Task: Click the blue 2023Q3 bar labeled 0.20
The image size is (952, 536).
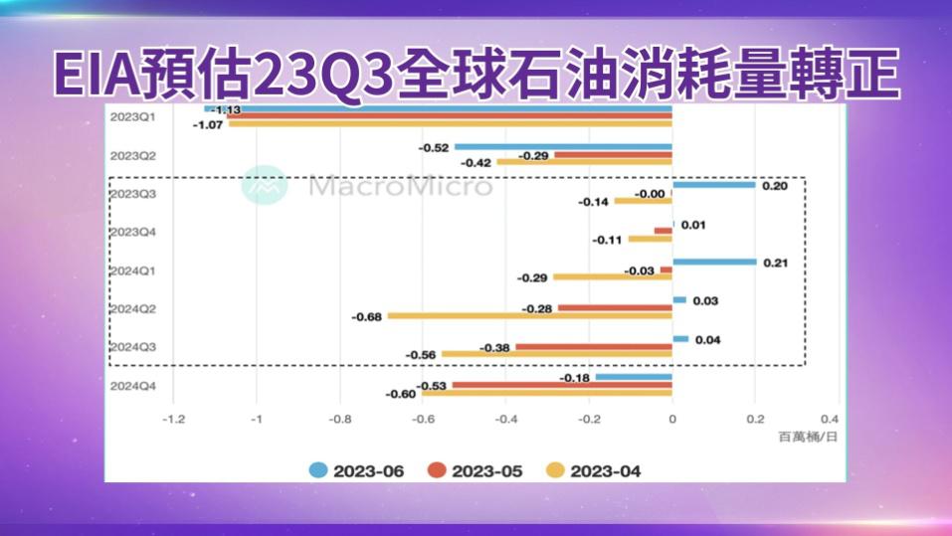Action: pyautogui.click(x=713, y=184)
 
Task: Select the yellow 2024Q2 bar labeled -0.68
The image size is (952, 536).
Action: pyautogui.click(x=529, y=316)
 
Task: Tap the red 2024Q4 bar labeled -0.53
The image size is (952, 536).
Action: pyautogui.click(x=562, y=385)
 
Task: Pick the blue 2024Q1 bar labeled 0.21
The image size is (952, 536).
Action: pyautogui.click(x=714, y=262)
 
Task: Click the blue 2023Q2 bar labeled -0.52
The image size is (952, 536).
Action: pyautogui.click(x=563, y=147)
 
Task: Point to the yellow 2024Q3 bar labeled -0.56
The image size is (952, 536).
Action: pyautogui.click(x=557, y=354)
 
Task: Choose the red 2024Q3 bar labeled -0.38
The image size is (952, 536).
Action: pyautogui.click(x=594, y=347)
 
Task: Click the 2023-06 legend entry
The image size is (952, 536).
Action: pyautogui.click(x=357, y=470)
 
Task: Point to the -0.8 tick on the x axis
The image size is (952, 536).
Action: pyautogui.click(x=340, y=420)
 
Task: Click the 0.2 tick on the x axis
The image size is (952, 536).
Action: pyautogui.click(x=755, y=420)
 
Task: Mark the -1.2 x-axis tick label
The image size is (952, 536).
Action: pyautogui.click(x=173, y=420)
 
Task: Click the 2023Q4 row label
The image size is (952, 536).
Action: pyautogui.click(x=131, y=232)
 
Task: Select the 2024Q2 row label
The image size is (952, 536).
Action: pyautogui.click(x=131, y=308)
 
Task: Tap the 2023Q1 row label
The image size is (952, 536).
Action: pyautogui.click(x=131, y=116)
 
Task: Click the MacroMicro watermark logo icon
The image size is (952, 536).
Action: pyautogui.click(x=265, y=186)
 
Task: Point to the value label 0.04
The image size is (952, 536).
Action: pyautogui.click(x=707, y=339)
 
